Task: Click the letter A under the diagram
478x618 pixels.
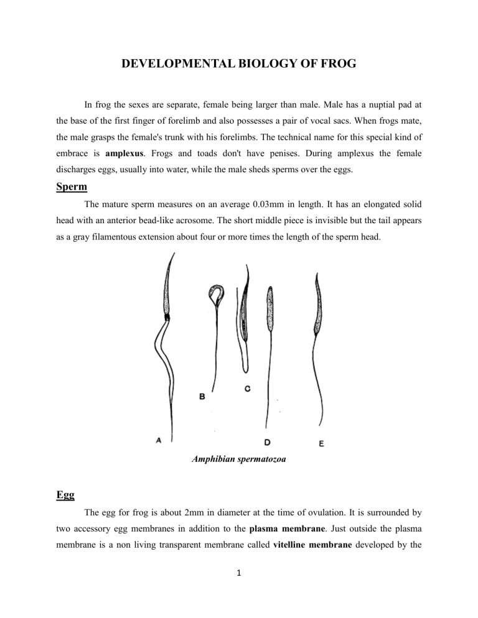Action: click(x=159, y=440)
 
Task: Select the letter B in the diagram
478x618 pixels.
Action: click(x=203, y=396)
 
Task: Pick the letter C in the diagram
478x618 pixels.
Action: click(x=247, y=389)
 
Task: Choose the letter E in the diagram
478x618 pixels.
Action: click(x=321, y=444)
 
